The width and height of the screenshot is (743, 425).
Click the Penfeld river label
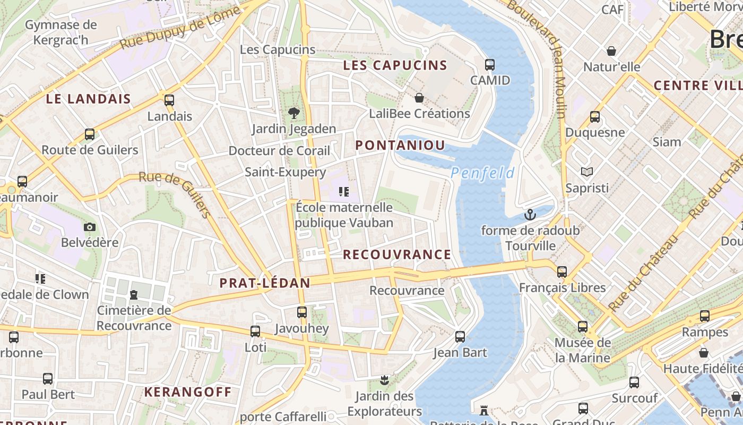pos(482,173)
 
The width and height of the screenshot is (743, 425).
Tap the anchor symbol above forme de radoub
pos(530,215)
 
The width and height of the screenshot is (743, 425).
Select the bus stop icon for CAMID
pos(490,65)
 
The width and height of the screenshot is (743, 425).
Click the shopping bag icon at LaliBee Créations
pos(419,98)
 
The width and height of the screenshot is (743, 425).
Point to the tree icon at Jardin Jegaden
pos(293,113)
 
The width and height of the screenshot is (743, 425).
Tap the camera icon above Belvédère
pos(90,227)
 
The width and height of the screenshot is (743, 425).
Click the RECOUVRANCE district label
pos(396,254)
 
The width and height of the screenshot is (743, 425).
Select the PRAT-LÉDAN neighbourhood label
pos(265,283)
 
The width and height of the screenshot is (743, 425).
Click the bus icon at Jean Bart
pos(460,336)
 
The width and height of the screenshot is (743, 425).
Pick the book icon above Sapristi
pos(586,172)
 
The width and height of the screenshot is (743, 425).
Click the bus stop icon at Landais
pos(169,100)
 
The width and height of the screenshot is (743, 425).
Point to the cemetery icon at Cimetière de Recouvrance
pos(134,294)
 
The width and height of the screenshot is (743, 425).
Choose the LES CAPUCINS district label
pos(395,65)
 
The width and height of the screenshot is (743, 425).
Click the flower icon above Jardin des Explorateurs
pos(385,380)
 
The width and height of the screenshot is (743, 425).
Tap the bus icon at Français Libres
pos(562,272)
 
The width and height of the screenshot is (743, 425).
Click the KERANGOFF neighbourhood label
pos(188,393)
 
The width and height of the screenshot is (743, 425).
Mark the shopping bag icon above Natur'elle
pos(611,51)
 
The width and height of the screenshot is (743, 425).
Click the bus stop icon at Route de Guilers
pos(90,134)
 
